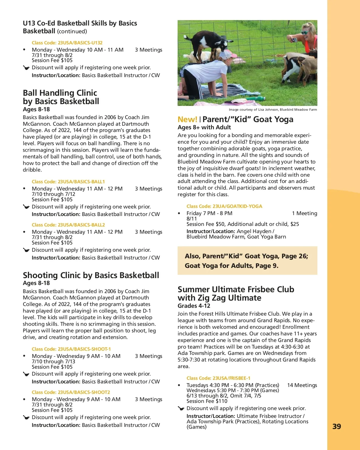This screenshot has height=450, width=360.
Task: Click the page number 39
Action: (337, 426)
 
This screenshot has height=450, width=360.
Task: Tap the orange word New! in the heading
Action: (187, 119)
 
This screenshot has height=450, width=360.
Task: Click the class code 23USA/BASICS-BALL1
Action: (68, 181)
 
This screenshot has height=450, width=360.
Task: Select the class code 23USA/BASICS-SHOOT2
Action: (71, 392)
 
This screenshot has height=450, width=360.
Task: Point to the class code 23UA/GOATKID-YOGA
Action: (224, 206)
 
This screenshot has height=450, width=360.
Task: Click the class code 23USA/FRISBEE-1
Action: (218, 378)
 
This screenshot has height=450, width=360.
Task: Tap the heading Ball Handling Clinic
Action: (60, 93)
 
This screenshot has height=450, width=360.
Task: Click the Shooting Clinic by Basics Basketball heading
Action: (91, 275)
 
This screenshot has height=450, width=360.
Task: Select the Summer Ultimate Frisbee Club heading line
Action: (236, 289)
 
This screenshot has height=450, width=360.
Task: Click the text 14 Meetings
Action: (302, 385)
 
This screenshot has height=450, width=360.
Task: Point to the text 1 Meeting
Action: (304, 213)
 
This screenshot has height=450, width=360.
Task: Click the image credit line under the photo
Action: (273, 109)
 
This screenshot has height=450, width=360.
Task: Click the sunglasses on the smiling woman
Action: (305, 32)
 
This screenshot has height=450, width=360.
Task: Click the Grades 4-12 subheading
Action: (194, 306)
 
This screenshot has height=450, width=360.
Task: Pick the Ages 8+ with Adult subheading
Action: (204, 127)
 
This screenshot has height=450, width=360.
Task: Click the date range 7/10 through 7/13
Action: (53, 361)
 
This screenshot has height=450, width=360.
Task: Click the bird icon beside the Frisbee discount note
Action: (181, 408)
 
